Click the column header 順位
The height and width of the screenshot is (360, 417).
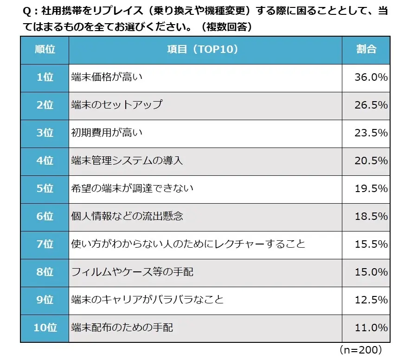pyautogui.click(x=45, y=50)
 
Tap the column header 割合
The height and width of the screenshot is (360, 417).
pyautogui.click(x=366, y=50)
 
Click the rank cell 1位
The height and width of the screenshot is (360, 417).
pyautogui.click(x=45, y=77)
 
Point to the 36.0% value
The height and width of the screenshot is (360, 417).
pyautogui.click(x=371, y=77)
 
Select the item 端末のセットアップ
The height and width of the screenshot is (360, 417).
pyautogui.click(x=117, y=105)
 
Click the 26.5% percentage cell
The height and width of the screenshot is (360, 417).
pyautogui.click(x=371, y=105)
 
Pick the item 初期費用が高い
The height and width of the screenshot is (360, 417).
pyautogui.click(x=107, y=133)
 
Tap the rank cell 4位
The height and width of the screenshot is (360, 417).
pyautogui.click(x=45, y=161)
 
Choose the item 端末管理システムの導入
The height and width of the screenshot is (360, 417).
pyautogui.click(x=127, y=161)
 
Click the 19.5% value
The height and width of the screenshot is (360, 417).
pyautogui.click(x=371, y=188)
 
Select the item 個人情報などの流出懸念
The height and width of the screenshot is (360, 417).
pyautogui.click(x=127, y=216)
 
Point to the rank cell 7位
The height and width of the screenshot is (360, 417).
pyautogui.click(x=45, y=244)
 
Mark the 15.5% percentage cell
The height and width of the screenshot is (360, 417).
pyautogui.click(x=371, y=244)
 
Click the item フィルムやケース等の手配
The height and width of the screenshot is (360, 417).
pyautogui.click(x=132, y=272)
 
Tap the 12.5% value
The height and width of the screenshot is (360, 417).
pyautogui.click(x=371, y=299)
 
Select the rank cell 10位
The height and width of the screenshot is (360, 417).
pyautogui.click(x=45, y=328)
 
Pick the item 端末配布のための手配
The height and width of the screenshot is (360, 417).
pyautogui.click(x=122, y=328)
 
